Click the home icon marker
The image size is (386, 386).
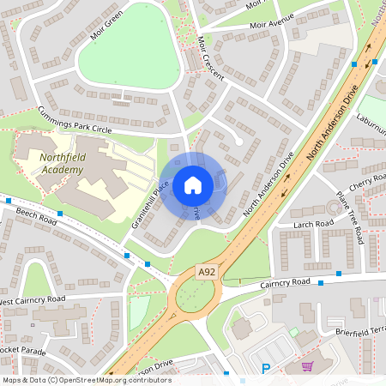[x=193, y=185]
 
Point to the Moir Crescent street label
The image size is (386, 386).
[x=210, y=58]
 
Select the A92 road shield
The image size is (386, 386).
[x=207, y=272]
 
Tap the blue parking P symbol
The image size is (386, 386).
[x=265, y=369]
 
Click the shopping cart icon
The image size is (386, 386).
[x=307, y=366]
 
